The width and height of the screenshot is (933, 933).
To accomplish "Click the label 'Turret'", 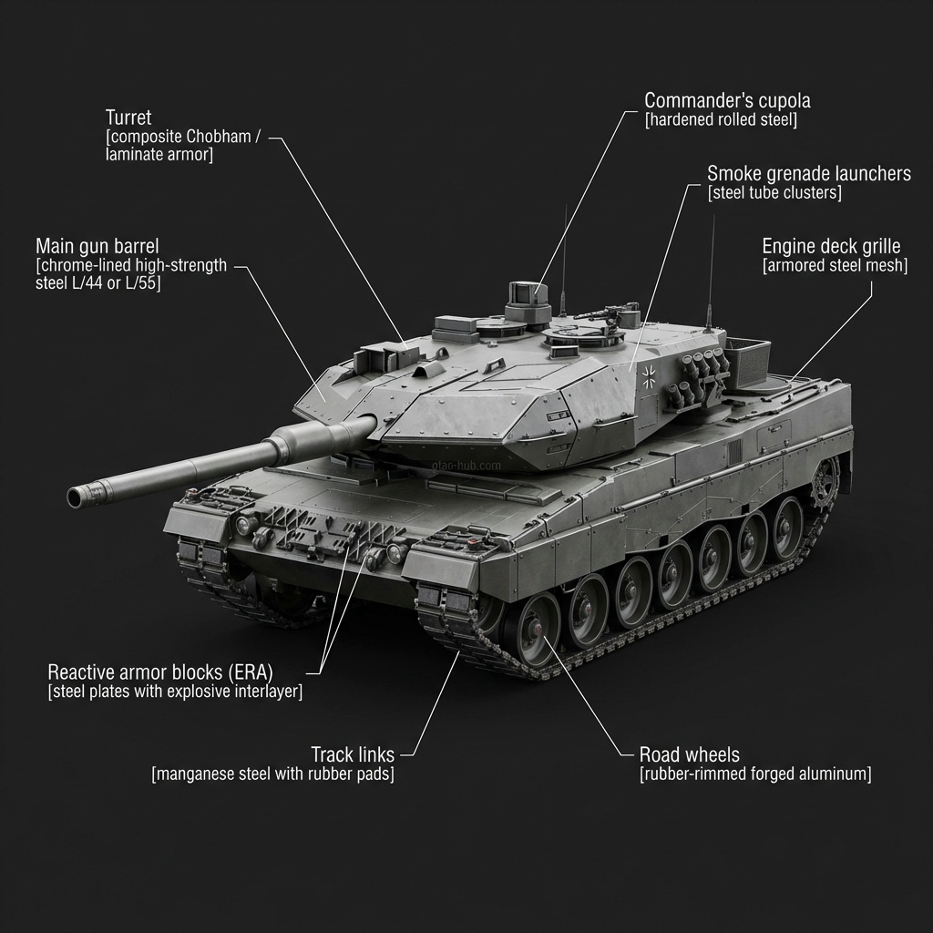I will (128, 118).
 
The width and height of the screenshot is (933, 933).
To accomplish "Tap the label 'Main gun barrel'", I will (97, 246).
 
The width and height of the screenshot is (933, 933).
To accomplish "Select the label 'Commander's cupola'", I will (727, 100).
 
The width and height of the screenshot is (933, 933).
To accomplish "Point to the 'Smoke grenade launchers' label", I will (808, 173).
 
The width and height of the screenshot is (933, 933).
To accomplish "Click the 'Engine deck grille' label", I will (831, 246).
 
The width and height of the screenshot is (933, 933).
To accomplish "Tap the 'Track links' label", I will (353, 754).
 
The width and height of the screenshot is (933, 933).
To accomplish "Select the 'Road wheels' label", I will (690, 754).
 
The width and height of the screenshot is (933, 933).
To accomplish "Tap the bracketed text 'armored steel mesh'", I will (835, 266).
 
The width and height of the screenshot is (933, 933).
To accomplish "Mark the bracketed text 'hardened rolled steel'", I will (721, 120).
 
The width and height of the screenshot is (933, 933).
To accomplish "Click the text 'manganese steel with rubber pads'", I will (273, 774).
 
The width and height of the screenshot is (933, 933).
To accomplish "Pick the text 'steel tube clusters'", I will (774, 193).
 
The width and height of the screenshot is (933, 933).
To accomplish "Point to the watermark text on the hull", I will (466, 466).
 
